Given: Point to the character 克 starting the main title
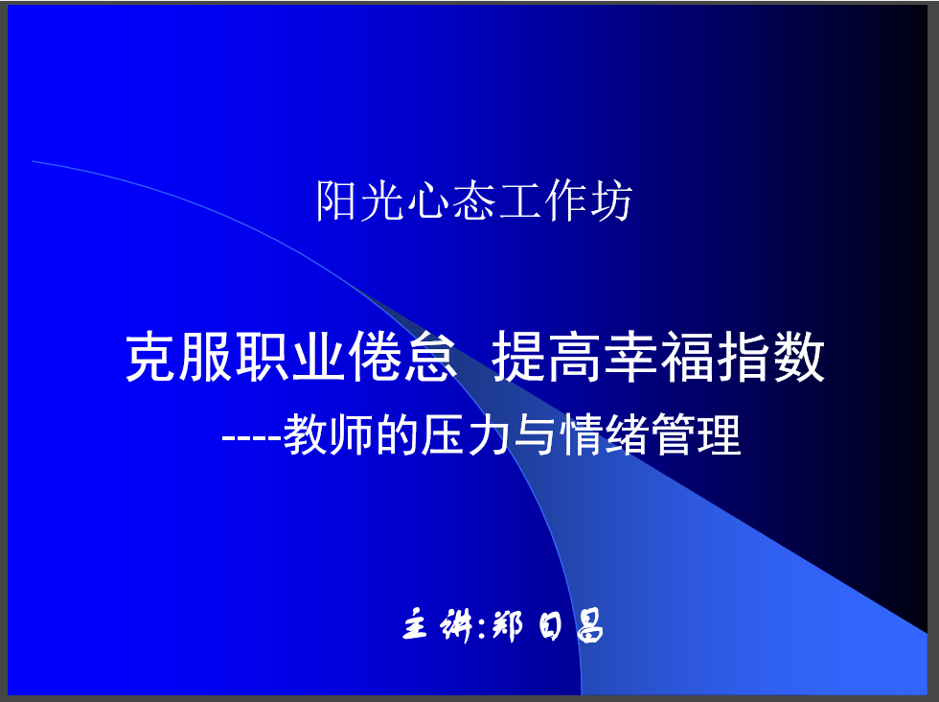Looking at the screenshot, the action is [151, 357].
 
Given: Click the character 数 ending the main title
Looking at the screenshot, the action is [799, 357].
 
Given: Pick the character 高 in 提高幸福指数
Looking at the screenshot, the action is [574, 357].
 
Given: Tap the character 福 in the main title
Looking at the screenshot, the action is [687, 357].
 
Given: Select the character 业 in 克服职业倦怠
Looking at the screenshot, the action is [318, 357].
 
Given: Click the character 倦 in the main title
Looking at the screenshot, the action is [375, 357].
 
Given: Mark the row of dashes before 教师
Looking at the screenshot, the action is [251, 437].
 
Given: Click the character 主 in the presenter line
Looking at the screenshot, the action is [416, 625].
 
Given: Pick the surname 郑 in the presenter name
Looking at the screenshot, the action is [507, 626].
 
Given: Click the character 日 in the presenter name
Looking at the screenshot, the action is [550, 626].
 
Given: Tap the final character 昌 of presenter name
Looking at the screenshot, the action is [590, 626].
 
